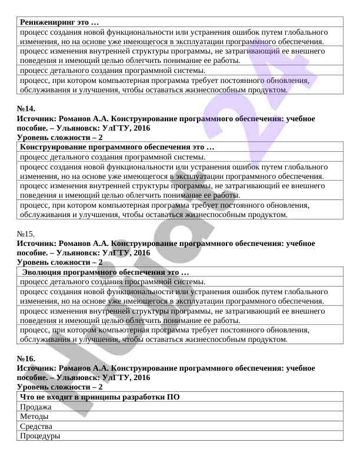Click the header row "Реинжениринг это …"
59,22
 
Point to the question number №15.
26,234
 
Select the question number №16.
26,358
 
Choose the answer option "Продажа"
35,407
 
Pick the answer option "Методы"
35,417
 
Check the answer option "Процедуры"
40,436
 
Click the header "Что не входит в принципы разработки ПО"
99,397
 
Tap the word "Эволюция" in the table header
43,273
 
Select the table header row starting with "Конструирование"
117,147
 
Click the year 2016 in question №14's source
139,128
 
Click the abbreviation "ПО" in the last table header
174,397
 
